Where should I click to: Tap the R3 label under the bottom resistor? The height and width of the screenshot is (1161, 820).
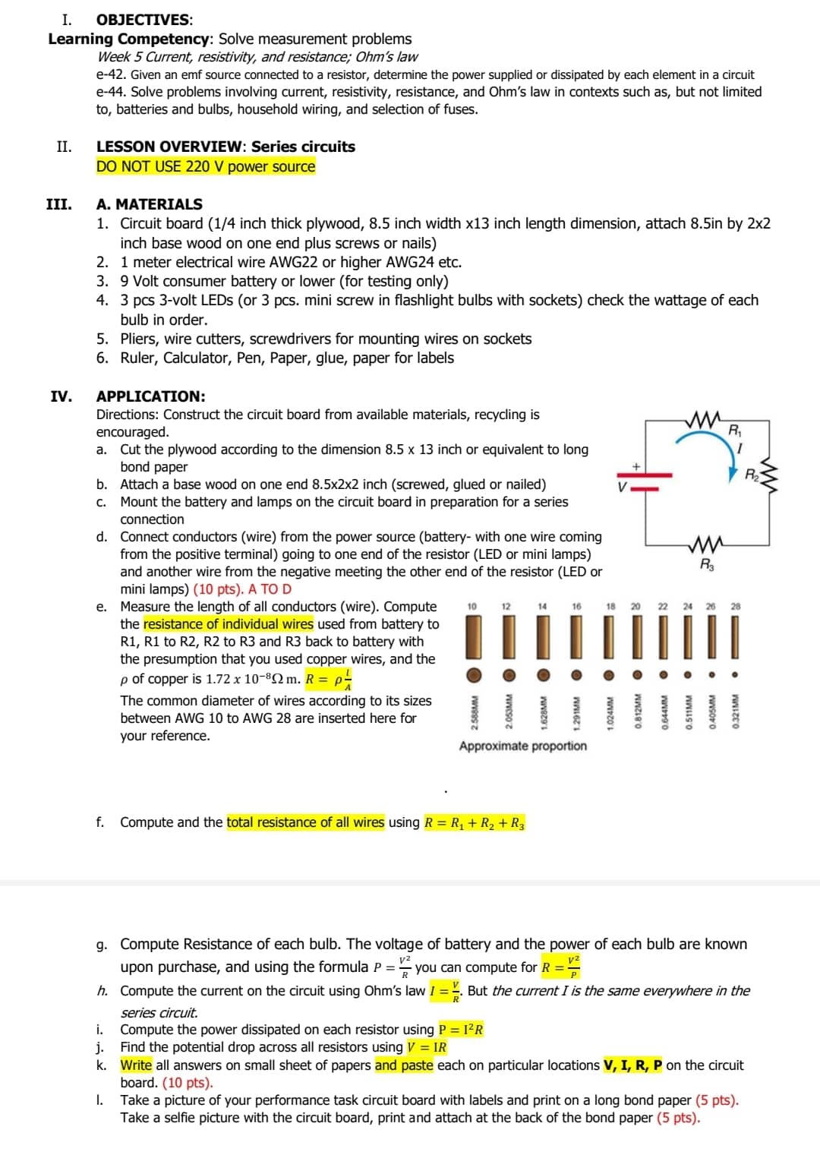[x=706, y=565]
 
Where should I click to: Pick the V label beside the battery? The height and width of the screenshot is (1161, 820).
[x=622, y=487]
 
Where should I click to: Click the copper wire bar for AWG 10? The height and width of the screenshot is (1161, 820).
[x=472, y=637]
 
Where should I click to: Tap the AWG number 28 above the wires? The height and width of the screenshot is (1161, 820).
[x=735, y=606]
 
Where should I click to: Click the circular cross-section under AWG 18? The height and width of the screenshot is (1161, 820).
[x=609, y=674]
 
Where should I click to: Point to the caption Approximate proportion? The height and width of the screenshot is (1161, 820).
[x=522, y=746]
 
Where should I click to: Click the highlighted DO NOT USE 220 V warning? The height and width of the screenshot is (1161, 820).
[x=205, y=166]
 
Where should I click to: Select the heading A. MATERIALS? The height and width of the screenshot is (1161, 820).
[x=149, y=203]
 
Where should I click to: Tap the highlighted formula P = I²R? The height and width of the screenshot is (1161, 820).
[x=460, y=1030]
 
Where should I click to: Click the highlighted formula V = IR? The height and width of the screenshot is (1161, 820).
[x=427, y=1047]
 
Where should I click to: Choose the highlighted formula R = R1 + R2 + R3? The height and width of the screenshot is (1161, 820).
[x=474, y=823]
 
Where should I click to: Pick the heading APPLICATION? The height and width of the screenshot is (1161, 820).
[x=150, y=396]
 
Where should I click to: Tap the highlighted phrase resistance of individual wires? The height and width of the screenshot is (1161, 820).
[x=228, y=624]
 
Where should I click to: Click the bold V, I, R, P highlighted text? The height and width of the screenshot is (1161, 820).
[x=632, y=1065]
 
